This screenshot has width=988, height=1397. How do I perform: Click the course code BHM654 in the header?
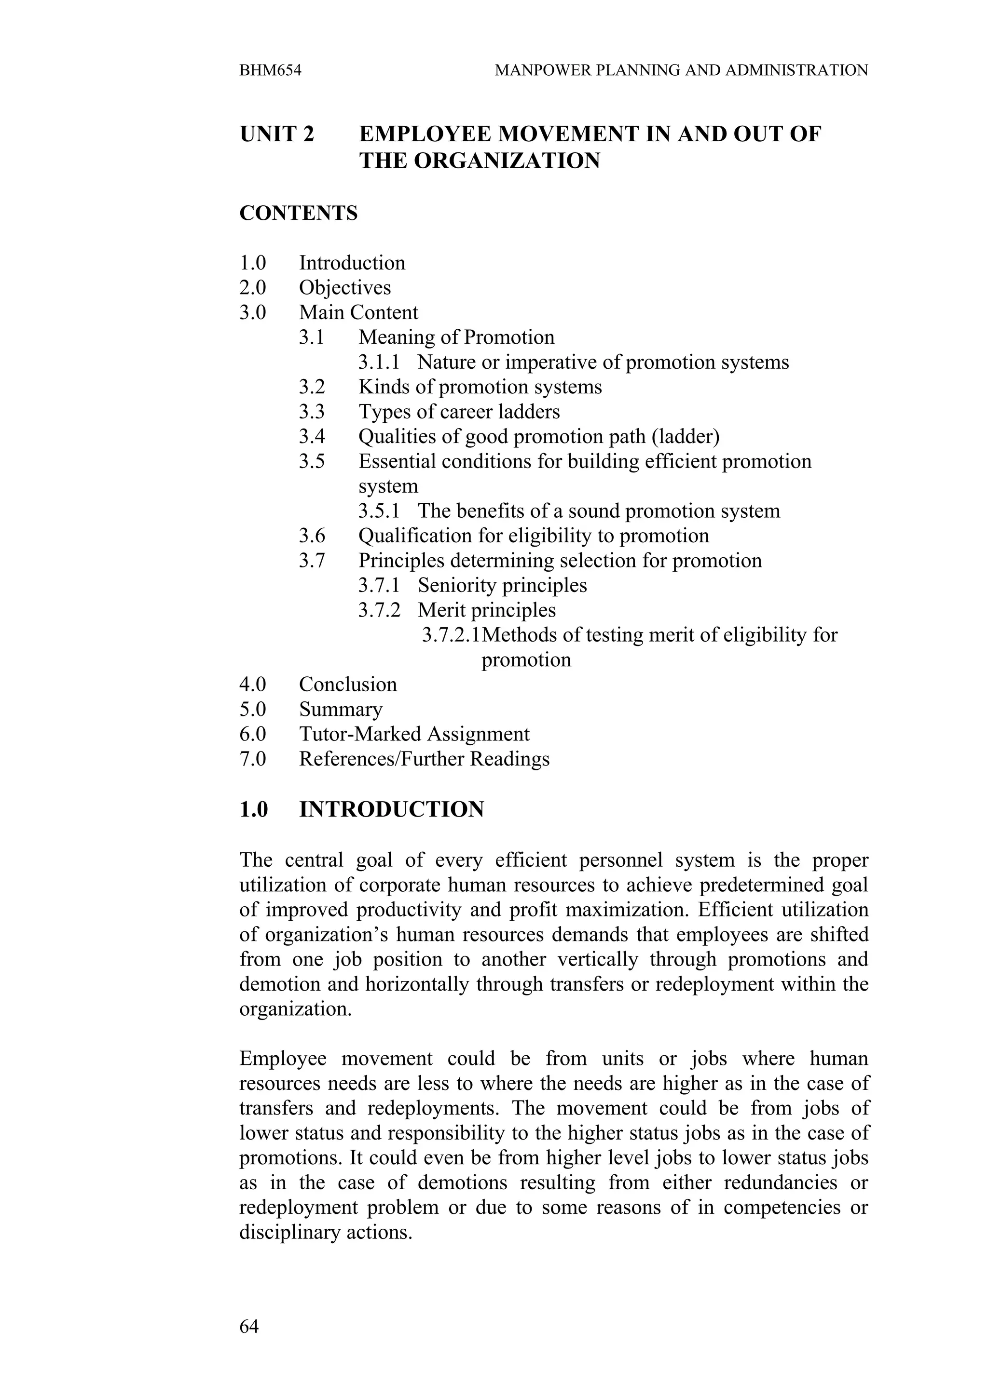click(270, 70)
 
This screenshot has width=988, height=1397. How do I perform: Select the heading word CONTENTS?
click(298, 214)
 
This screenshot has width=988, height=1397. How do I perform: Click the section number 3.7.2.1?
click(451, 635)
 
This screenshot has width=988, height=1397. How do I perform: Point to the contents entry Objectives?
click(344, 288)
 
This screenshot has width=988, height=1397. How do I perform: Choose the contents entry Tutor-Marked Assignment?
click(414, 734)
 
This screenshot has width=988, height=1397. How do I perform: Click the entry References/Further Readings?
click(425, 759)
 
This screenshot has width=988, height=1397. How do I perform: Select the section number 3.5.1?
click(379, 511)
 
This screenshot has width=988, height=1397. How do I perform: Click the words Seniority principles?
click(502, 585)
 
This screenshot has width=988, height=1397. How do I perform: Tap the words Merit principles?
click(486, 610)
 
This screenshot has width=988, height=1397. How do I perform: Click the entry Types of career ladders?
click(459, 412)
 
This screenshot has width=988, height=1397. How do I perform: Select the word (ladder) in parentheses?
click(685, 437)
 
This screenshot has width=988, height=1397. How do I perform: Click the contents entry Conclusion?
click(348, 685)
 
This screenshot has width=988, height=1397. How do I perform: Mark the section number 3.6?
click(312, 536)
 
